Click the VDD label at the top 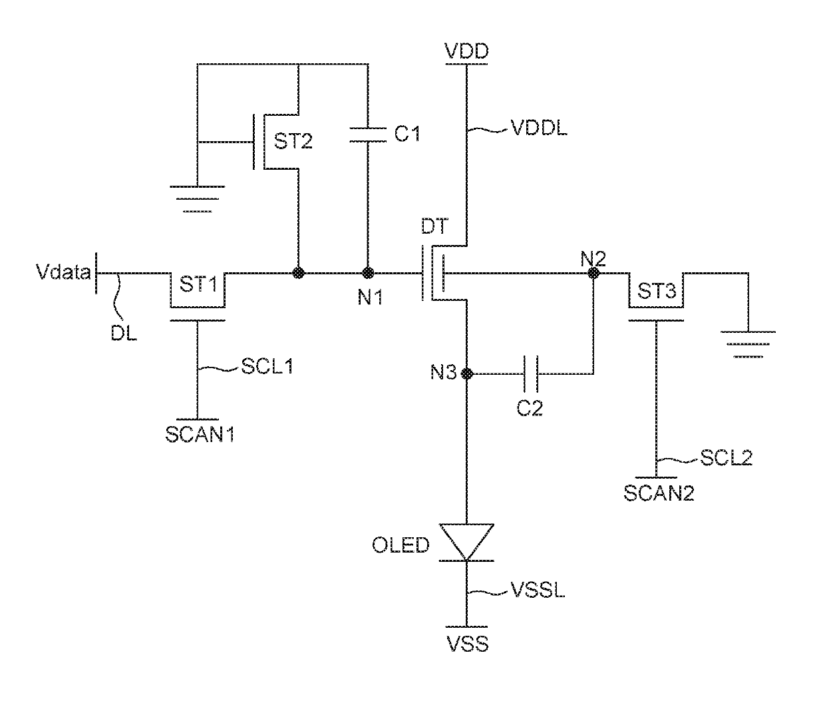(x=466, y=51)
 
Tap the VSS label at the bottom (x=467, y=644)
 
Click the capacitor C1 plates (x=368, y=134)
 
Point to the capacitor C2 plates (x=531, y=374)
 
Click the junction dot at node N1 (x=368, y=273)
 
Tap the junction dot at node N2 (x=593, y=273)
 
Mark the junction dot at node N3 (x=466, y=374)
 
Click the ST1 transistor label (x=198, y=284)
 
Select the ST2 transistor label (x=293, y=141)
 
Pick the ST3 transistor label (x=657, y=291)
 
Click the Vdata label (x=63, y=272)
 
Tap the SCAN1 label (x=200, y=435)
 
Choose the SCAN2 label (x=659, y=493)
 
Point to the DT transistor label (x=434, y=226)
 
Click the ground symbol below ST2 (x=197, y=198)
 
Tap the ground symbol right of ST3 (x=748, y=344)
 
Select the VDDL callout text (x=539, y=128)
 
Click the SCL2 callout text (x=727, y=458)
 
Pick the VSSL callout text (x=537, y=590)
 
